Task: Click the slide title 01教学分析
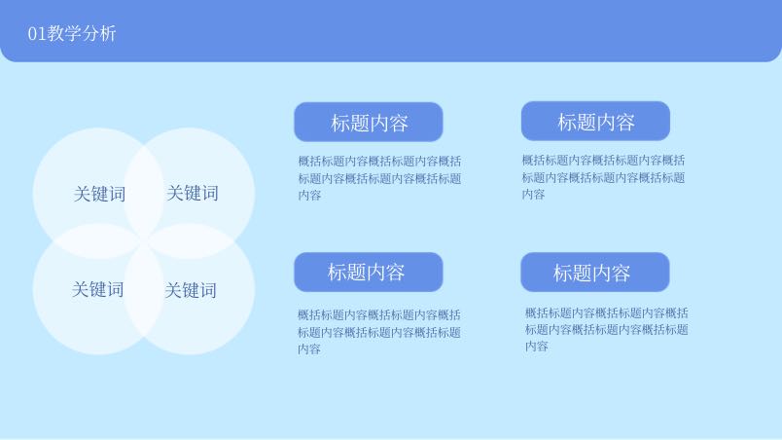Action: coord(72,33)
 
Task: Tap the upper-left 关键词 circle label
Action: coord(99,194)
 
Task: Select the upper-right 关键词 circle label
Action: coord(193,193)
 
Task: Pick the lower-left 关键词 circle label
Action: coord(97,289)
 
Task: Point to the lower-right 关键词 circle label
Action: coord(191,290)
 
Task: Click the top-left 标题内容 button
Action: coord(369,123)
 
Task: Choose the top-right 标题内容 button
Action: coord(595,122)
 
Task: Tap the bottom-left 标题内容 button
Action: coord(369,272)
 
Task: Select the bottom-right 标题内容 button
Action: coord(595,273)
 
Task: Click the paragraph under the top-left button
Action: coord(379,178)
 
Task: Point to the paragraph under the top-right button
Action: coord(603,177)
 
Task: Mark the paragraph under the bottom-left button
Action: coord(379,332)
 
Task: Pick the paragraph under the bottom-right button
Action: coord(607,329)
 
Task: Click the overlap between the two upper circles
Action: coord(144,192)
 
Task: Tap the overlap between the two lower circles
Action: coord(144,290)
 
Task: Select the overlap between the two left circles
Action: coord(98,241)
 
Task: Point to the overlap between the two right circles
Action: coord(190,241)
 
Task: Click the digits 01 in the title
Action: coord(37,34)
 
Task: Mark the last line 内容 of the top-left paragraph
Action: coord(309,195)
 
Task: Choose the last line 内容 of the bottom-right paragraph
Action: coord(537,347)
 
